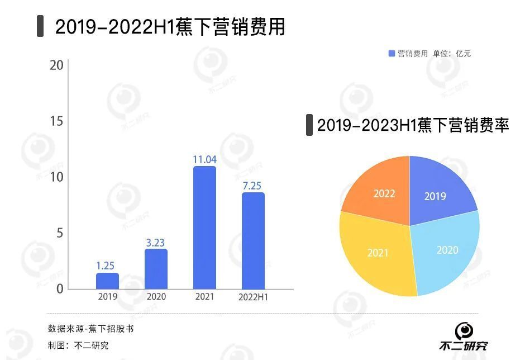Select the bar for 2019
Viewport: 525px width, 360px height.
click(107, 281)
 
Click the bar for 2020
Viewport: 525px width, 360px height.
click(156, 269)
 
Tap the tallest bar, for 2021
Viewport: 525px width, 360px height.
click(204, 228)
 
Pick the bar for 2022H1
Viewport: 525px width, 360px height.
click(253, 241)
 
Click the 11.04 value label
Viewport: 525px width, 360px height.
click(204, 160)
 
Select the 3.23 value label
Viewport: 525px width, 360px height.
click(156, 243)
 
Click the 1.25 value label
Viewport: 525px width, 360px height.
click(107, 266)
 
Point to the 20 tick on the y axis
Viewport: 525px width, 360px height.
click(56, 65)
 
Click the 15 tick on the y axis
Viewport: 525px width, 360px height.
click(56, 121)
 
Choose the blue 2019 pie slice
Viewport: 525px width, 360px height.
click(438, 193)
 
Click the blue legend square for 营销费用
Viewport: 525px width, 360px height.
click(392, 54)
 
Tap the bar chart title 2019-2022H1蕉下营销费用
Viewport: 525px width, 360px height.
click(170, 27)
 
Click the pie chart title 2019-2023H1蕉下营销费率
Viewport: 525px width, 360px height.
click(413, 125)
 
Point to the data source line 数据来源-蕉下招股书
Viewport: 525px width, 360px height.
click(90, 329)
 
